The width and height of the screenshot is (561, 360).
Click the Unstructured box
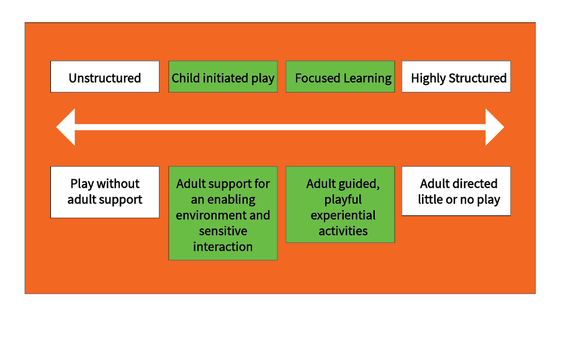[x=105, y=77]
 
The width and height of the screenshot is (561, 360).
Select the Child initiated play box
[x=223, y=77]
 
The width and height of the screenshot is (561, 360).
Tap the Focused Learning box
[x=340, y=77]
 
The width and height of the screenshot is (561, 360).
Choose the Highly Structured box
[x=456, y=77]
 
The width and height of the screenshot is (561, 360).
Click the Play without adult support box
[x=105, y=192]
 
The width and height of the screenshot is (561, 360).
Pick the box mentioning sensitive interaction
[x=223, y=213]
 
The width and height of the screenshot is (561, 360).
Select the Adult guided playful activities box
[x=340, y=204]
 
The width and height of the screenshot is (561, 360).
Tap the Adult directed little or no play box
[x=456, y=191]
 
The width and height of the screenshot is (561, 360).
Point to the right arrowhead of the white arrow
[x=494, y=127]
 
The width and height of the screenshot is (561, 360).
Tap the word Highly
[x=428, y=79]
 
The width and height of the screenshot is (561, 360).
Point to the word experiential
[x=343, y=215]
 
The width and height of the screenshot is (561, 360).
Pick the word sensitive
[x=223, y=231]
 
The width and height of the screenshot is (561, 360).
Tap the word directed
[x=475, y=184]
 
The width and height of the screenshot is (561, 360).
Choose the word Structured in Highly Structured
[x=477, y=78]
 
